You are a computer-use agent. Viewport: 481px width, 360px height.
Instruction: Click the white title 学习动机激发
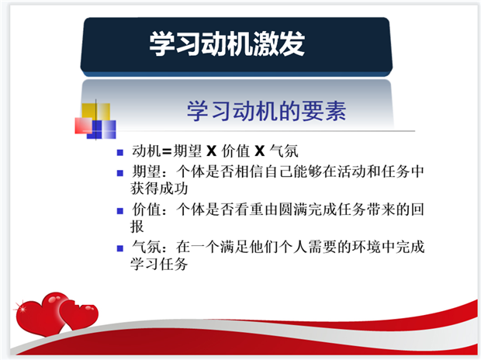tap(227, 43)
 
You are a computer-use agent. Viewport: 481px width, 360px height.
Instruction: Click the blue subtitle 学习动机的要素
tap(267, 111)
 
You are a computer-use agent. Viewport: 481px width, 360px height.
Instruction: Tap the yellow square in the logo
tap(95, 112)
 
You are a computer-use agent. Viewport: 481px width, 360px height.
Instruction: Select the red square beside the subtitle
tap(84, 126)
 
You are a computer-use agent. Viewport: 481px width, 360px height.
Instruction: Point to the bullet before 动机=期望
tap(120, 152)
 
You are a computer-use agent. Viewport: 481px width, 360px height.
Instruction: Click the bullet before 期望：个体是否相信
tap(120, 173)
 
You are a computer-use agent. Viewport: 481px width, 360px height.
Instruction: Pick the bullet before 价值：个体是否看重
tap(120, 211)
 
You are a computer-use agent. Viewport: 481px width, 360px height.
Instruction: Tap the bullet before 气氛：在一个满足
tap(120, 248)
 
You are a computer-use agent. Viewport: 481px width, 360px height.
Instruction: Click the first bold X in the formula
tap(211, 151)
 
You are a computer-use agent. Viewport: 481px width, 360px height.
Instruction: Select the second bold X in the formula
tap(260, 151)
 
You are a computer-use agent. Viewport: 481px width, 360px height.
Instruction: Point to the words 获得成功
tap(159, 189)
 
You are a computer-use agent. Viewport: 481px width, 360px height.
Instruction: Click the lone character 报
tap(137, 227)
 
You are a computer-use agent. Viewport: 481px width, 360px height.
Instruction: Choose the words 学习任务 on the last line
tap(159, 264)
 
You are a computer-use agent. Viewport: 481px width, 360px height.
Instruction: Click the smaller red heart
tap(79, 316)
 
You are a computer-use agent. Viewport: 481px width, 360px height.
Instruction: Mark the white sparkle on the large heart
tap(22, 309)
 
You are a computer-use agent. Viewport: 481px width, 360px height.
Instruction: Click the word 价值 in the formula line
tap(236, 151)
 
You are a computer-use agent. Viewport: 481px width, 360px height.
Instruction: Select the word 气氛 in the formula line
tap(284, 151)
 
